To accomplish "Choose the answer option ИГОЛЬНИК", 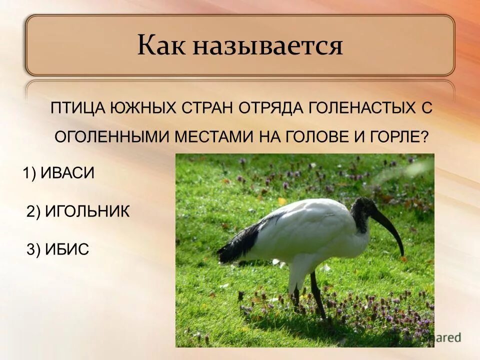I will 87,211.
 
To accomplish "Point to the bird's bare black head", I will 363,210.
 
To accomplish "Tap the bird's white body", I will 310,230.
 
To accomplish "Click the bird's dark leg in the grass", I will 317,295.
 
